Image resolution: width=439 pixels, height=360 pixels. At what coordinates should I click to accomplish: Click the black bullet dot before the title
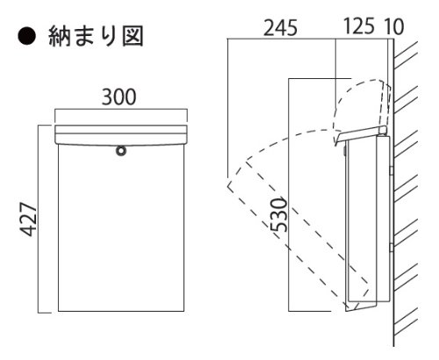point(26,37)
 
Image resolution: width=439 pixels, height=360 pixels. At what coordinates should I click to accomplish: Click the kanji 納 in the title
point(60,37)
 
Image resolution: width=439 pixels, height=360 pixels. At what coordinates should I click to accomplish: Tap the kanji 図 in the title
point(133,37)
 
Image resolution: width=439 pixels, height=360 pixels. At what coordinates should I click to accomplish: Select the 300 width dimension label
point(119,97)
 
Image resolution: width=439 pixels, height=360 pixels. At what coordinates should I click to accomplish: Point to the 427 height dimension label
point(29,220)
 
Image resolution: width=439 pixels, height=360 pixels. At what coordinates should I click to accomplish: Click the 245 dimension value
point(280,28)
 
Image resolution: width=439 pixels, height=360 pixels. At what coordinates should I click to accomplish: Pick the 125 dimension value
point(359,26)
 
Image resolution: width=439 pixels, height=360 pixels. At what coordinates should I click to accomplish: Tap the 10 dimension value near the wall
point(394,26)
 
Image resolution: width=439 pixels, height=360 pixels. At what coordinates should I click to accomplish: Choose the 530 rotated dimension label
point(278,215)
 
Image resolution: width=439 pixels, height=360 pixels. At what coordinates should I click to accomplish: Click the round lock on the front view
point(121,150)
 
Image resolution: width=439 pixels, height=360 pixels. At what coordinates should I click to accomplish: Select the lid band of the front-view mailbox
point(121,134)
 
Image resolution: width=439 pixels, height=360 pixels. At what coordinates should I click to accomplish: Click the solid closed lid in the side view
point(361,135)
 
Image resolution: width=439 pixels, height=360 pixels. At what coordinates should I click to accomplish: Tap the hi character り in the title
point(109,37)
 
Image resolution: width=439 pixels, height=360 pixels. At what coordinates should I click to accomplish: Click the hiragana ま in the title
point(84,37)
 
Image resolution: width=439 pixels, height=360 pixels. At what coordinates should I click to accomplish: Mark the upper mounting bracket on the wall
point(392,170)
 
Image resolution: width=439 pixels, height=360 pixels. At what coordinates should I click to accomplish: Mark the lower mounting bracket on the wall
point(392,248)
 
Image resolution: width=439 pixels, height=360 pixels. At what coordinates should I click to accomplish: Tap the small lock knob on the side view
point(344,151)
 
